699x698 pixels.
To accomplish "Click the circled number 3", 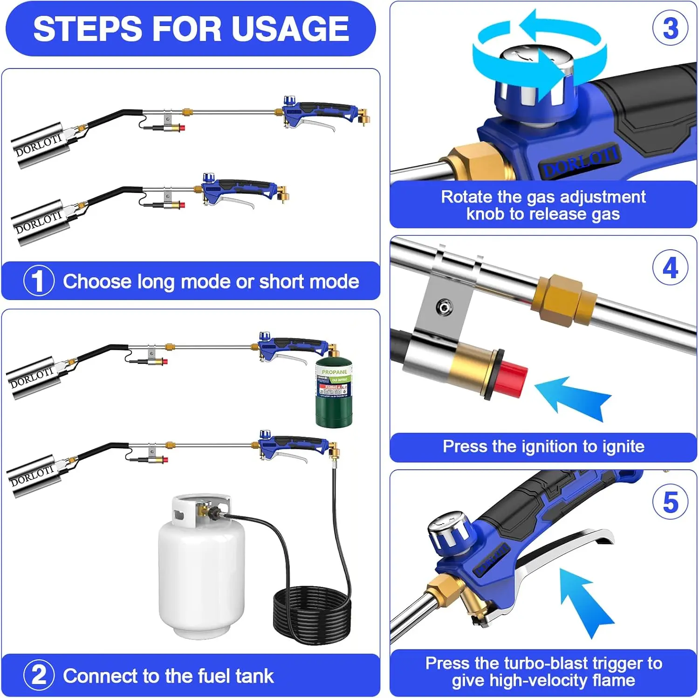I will (x=670, y=28).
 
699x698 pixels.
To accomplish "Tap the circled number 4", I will (x=670, y=268).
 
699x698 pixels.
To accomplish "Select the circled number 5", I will (x=670, y=502).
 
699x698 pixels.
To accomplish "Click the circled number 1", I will (x=39, y=281).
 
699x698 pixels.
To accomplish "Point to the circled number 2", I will (x=39, y=675).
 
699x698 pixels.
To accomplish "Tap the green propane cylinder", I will (x=334, y=396).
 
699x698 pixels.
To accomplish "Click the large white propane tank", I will (x=201, y=573).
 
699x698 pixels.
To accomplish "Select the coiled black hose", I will (x=311, y=610).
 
